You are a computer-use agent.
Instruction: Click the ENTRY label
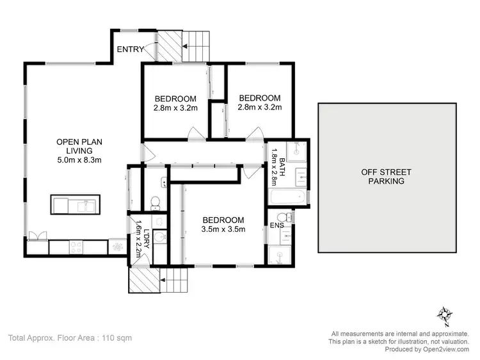129,49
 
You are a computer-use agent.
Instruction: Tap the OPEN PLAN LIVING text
79,147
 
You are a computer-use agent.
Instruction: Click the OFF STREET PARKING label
386,176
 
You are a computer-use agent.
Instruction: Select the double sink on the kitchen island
83,205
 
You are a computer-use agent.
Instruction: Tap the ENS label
277,225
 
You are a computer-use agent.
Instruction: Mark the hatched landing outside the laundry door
141,279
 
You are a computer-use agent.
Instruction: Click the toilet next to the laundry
154,202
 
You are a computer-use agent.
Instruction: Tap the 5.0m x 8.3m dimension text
79,160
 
